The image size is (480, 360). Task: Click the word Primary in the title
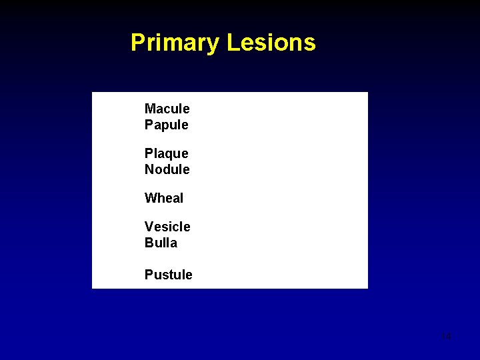[x=175, y=43]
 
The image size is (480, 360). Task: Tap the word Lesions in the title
[x=271, y=43]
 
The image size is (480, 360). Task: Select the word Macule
[x=167, y=109]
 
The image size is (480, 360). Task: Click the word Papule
[x=166, y=125]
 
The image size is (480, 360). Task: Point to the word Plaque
[x=166, y=154]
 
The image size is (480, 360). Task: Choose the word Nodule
[x=167, y=169]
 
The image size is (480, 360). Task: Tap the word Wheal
[x=163, y=198]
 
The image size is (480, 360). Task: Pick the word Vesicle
[x=167, y=227]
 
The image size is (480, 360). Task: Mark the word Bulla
[x=161, y=243]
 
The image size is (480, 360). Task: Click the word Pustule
[x=168, y=275]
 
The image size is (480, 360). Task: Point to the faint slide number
[x=446, y=337]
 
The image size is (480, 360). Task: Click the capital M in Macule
[x=150, y=109]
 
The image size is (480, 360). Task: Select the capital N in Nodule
[x=149, y=169]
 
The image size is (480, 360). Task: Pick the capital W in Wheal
[x=151, y=198]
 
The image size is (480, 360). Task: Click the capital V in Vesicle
[x=149, y=227]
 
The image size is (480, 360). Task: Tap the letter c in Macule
[x=167, y=109]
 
